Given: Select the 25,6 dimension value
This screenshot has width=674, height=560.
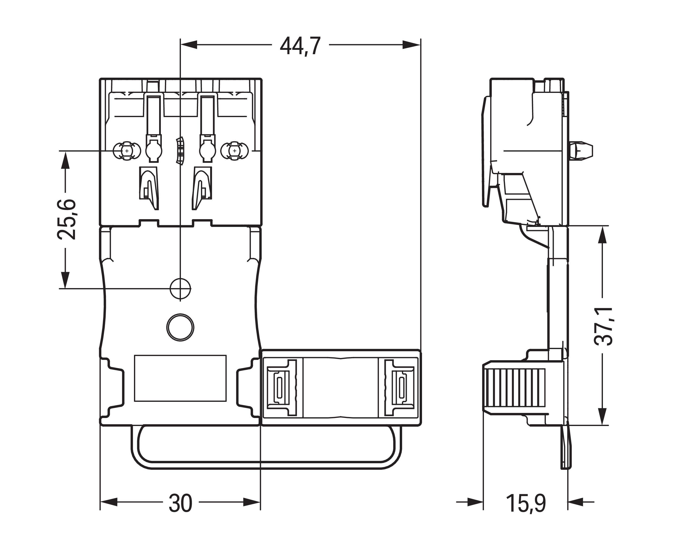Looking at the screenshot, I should [x=67, y=220].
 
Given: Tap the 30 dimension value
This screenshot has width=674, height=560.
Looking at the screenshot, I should [x=180, y=503].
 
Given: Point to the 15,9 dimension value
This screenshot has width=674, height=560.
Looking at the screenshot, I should [x=526, y=503].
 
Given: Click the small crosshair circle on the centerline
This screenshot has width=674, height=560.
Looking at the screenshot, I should [x=180, y=289].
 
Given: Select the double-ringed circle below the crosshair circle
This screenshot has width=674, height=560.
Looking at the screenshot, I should [x=180, y=327].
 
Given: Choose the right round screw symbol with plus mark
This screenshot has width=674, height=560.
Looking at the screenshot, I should [x=235, y=151].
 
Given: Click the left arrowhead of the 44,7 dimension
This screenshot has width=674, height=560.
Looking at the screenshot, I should [x=189, y=45].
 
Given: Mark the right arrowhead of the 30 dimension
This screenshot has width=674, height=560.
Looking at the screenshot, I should [x=252, y=502].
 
